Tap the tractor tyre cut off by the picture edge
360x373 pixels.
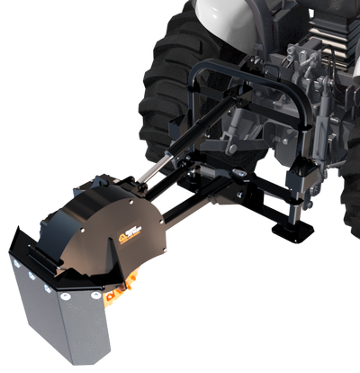pos(351,207)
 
